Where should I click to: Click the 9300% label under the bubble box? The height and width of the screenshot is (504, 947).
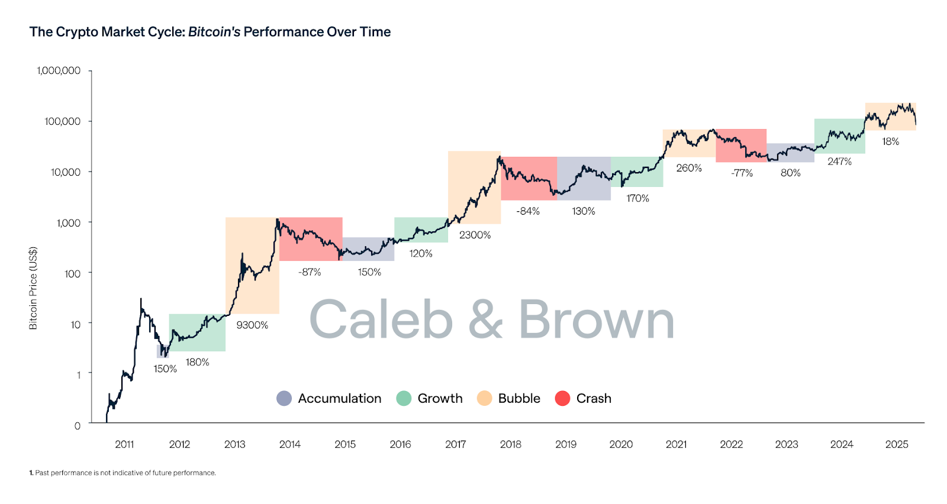[252, 325]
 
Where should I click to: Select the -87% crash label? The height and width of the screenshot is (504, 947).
[310, 272]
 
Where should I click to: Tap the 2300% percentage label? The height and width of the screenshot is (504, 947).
[475, 235]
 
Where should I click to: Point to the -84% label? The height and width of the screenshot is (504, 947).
[528, 211]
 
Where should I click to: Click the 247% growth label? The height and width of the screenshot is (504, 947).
[839, 161]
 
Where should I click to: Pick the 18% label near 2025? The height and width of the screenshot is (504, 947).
[890, 141]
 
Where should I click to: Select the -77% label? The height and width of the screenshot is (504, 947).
[742, 173]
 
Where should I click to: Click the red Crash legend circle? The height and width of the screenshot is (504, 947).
[562, 399]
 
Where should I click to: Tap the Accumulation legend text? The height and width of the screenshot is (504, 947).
[340, 399]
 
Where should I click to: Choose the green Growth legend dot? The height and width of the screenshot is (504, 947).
[404, 399]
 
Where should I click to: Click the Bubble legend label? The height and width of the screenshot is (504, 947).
[519, 399]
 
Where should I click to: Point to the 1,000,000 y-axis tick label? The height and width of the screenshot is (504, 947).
[59, 70]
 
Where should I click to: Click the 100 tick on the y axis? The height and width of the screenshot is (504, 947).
[72, 274]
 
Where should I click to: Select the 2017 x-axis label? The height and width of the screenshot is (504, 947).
[455, 444]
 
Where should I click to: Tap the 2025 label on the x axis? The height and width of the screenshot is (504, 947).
[896, 444]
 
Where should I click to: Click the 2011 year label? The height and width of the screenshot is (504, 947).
[124, 444]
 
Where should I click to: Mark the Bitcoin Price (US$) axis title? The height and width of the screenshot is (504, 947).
[33, 288]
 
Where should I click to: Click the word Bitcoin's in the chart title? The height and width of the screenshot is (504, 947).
[214, 32]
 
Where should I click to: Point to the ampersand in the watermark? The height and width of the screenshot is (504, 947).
[485, 319]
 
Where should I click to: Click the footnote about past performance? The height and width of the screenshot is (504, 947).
[123, 473]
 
